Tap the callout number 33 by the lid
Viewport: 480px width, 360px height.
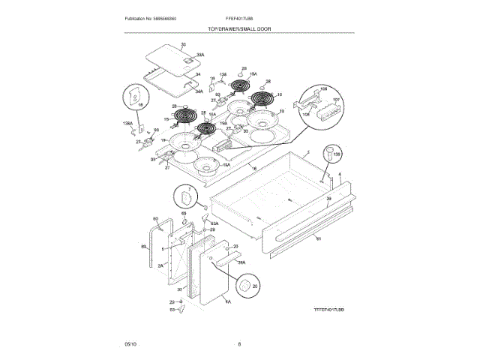[183, 46]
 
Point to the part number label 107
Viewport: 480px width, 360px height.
[335, 100]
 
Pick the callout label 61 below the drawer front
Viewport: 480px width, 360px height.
[318, 238]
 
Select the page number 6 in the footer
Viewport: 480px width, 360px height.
[239, 343]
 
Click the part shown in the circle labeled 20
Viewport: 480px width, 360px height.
[244, 286]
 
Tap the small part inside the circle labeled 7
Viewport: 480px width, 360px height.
[184, 198]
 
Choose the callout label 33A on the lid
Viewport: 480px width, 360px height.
[200, 55]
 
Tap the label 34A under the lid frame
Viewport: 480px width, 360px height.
[199, 91]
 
